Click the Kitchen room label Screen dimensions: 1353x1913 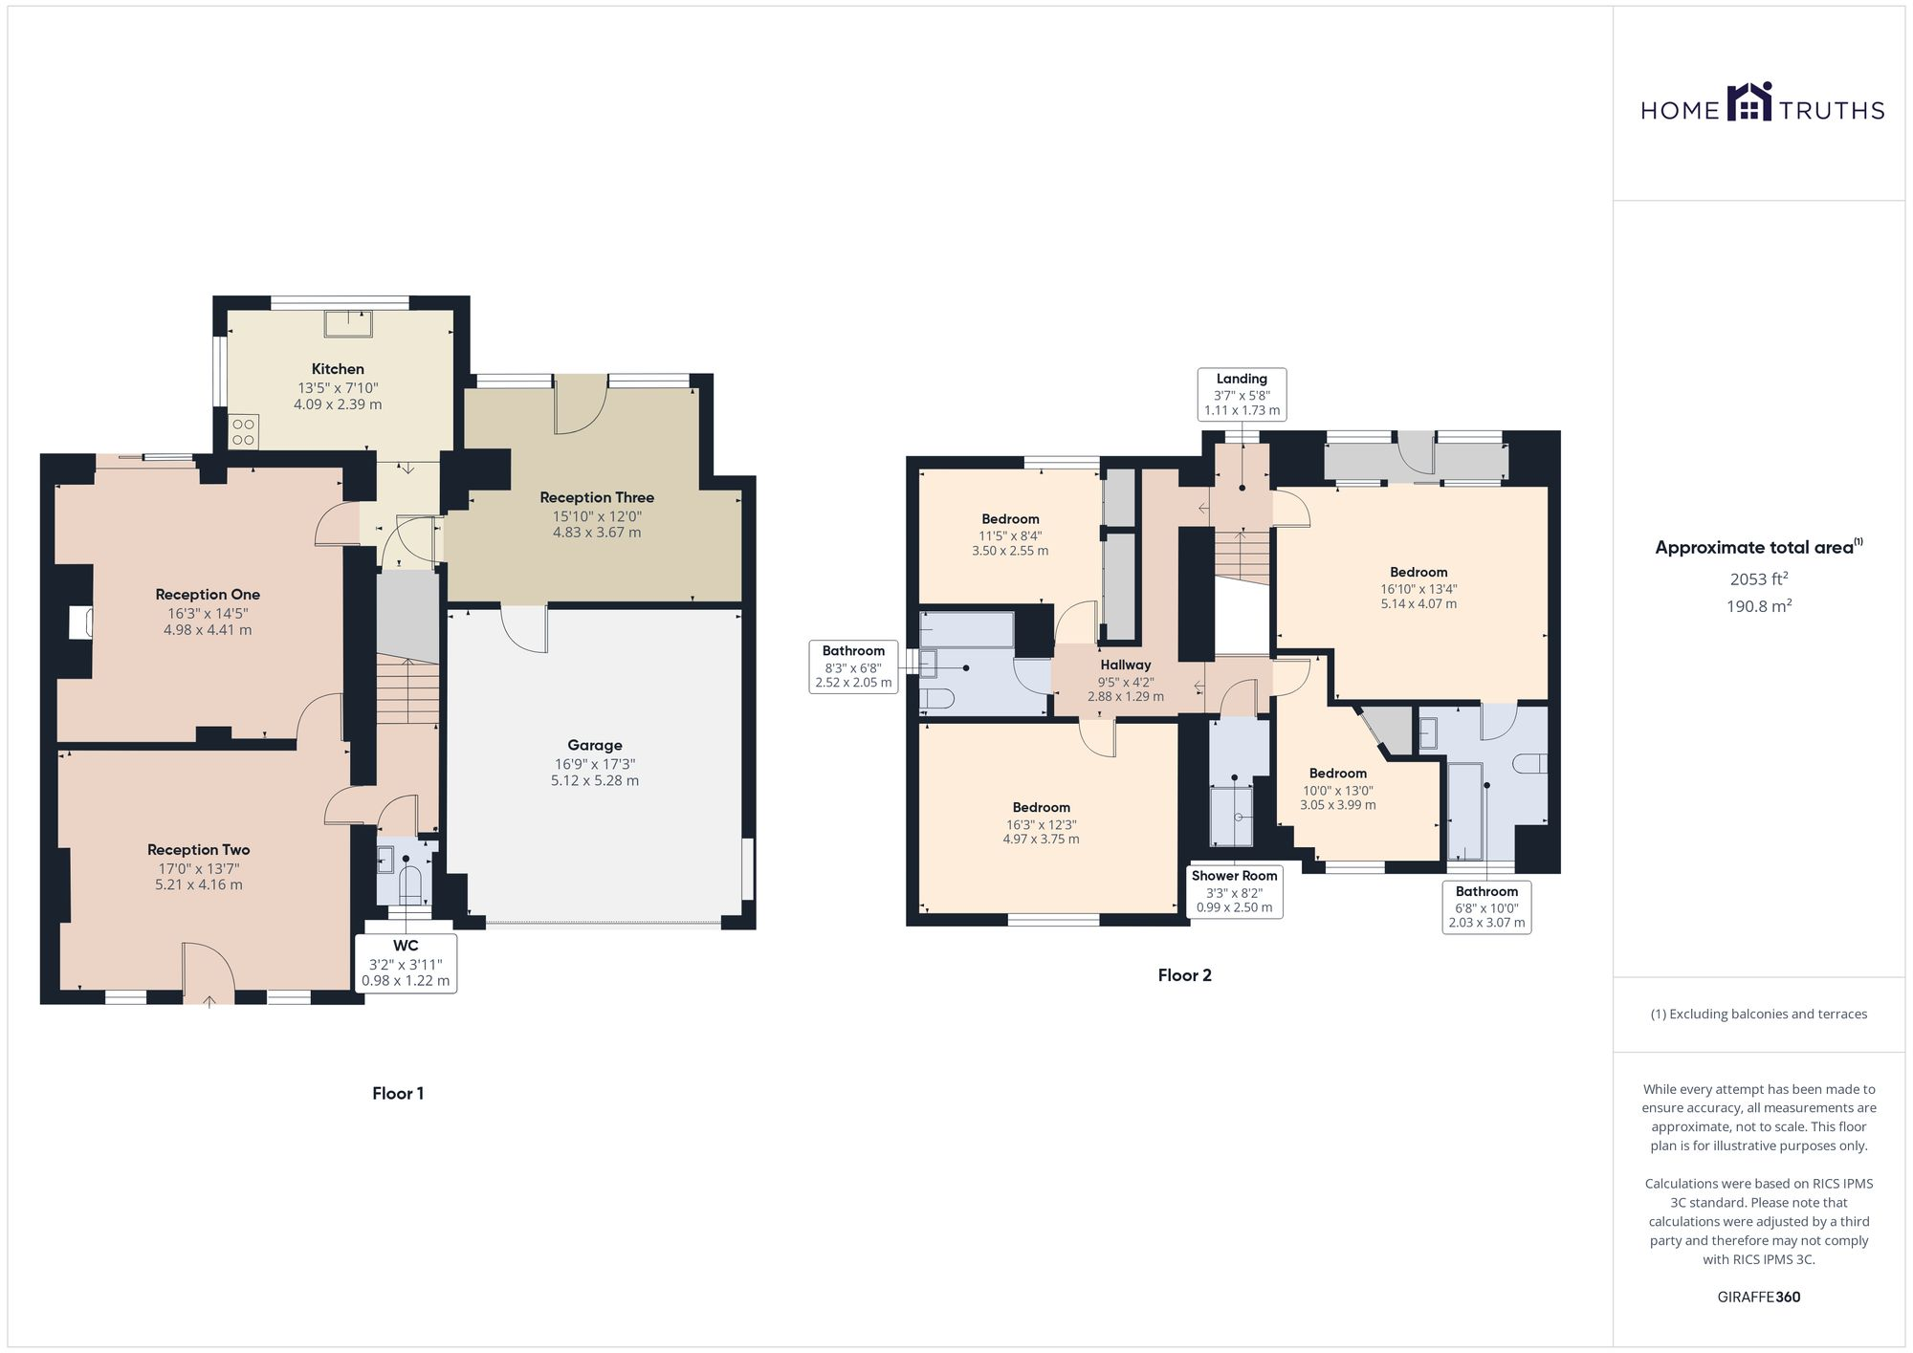[x=338, y=369]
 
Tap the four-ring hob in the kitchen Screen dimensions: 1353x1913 [x=243, y=431]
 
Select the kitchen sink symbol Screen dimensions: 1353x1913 [x=348, y=323]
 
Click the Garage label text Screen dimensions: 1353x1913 [x=594, y=745]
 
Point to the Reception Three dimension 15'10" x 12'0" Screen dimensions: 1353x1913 [x=596, y=515]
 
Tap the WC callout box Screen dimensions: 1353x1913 [x=406, y=963]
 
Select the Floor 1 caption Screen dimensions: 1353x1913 [x=398, y=1093]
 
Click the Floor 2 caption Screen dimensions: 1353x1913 [x=1184, y=975]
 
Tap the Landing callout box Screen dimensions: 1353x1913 [x=1242, y=394]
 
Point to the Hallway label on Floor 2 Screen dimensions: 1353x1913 [x=1125, y=665]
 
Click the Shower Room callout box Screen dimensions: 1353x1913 [x=1234, y=891]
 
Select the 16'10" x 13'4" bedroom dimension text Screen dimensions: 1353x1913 [x=1418, y=589]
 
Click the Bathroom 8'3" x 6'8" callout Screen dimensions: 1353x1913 [x=853, y=666]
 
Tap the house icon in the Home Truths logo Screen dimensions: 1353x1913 [x=1748, y=102]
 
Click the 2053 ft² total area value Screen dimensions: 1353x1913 [x=1758, y=578]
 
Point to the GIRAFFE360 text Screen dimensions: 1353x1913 [x=1758, y=1297]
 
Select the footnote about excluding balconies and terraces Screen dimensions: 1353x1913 [x=1758, y=1014]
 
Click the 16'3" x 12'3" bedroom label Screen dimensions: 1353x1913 [x=1041, y=824]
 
